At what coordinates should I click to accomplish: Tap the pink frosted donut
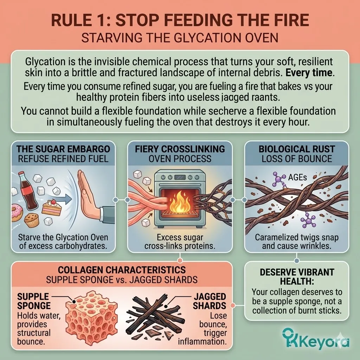point(17,213)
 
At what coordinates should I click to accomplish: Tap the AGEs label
point(297,177)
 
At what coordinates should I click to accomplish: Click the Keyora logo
point(316,339)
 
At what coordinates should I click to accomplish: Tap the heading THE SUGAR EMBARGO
point(63,149)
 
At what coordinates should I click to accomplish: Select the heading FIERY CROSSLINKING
point(180,149)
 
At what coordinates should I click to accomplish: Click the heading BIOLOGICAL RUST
point(297,149)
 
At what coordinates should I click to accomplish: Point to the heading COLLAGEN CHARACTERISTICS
point(122,270)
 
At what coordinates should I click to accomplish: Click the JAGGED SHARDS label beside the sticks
point(210,301)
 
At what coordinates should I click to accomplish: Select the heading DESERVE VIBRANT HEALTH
point(297,276)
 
